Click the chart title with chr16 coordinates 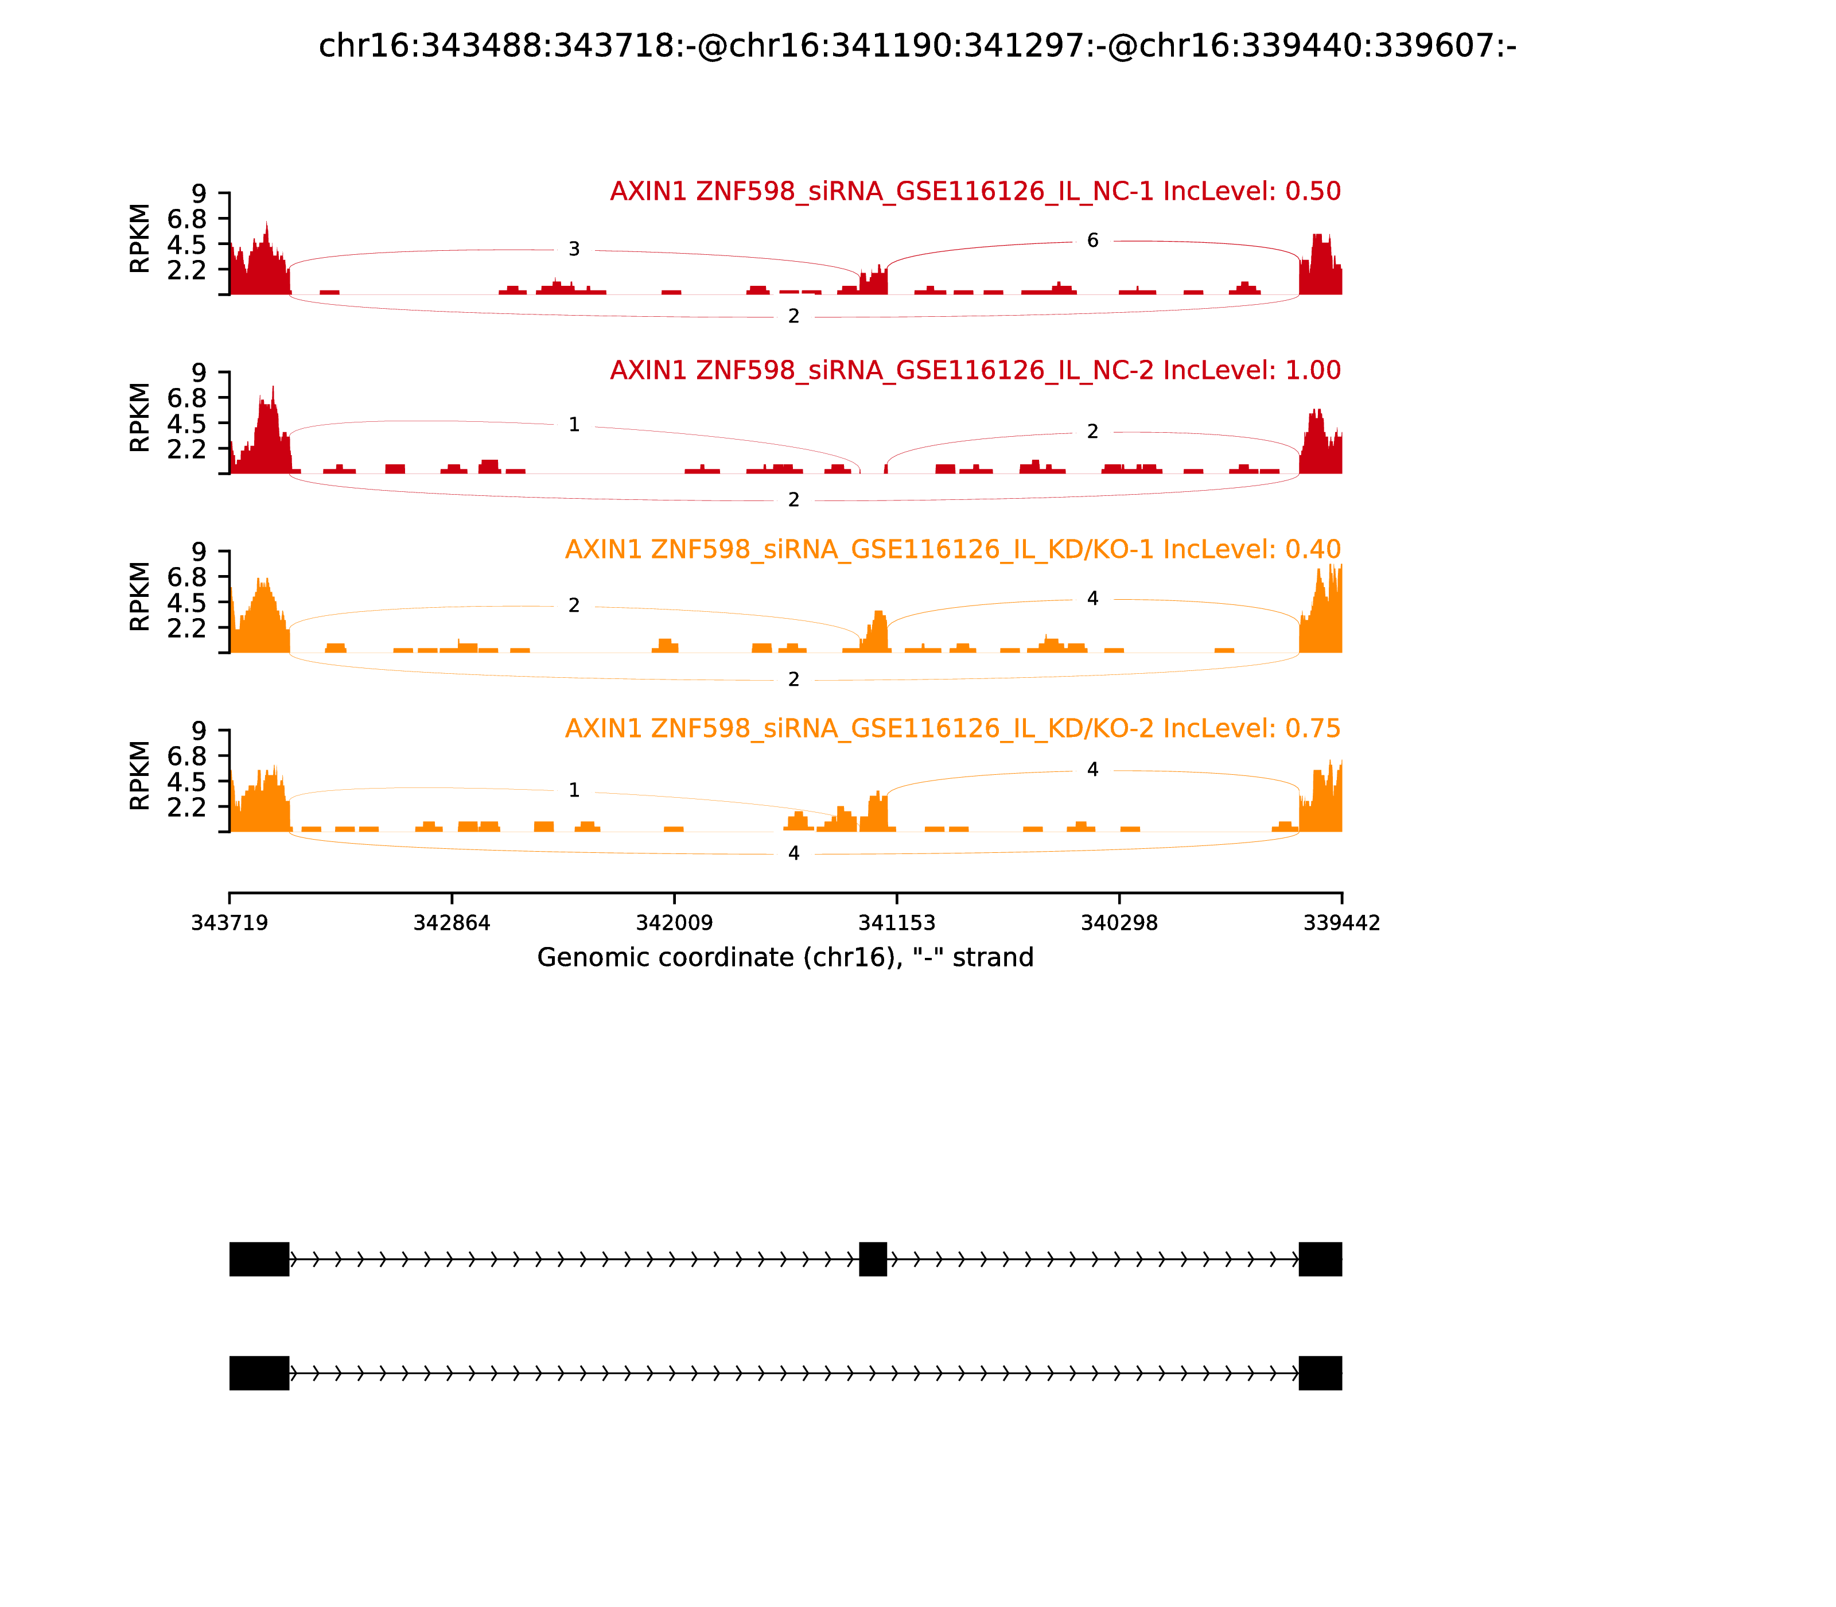pos(917,46)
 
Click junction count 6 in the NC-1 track pos(1092,240)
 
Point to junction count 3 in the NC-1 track pos(574,249)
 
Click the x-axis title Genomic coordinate pos(785,958)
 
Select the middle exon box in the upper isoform pos(872,1259)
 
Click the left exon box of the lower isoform pos(259,1373)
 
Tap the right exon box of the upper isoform pos(1320,1259)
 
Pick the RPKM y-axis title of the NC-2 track pos(140,418)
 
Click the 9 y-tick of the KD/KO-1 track pos(198,552)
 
